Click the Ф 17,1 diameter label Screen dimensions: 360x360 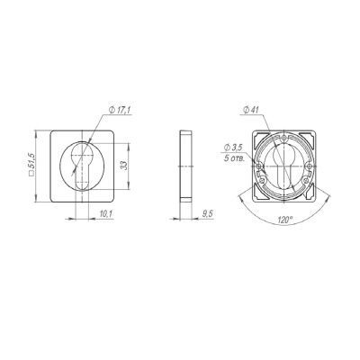click(x=120, y=111)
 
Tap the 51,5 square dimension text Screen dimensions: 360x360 click(x=31, y=162)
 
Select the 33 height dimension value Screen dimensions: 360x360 click(x=124, y=166)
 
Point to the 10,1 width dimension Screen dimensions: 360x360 click(x=105, y=213)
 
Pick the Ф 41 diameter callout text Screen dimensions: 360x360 click(x=251, y=111)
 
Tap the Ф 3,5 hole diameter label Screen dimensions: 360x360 click(x=233, y=148)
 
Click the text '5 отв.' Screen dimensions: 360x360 click(x=234, y=158)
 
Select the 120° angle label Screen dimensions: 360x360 click(x=285, y=220)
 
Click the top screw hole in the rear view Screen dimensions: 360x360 click(x=284, y=139)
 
